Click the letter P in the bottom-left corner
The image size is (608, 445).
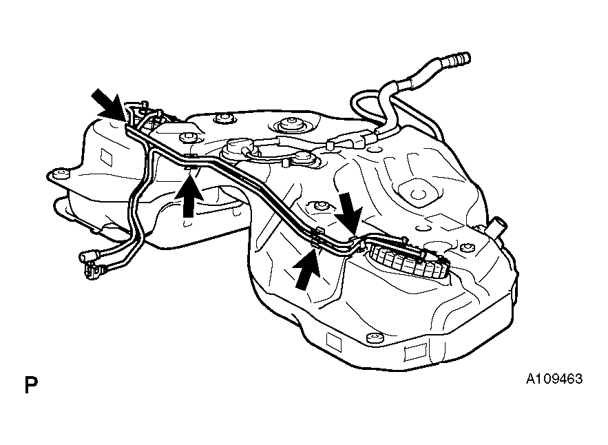(x=31, y=384)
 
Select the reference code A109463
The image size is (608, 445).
(x=554, y=379)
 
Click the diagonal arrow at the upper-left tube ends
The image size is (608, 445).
(x=108, y=103)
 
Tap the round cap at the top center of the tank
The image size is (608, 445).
(x=290, y=125)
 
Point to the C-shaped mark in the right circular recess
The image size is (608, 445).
(x=417, y=193)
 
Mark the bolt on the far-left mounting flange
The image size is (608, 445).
(x=59, y=173)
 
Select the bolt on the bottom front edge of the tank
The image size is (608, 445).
(x=374, y=338)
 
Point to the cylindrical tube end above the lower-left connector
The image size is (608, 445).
(x=88, y=256)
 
